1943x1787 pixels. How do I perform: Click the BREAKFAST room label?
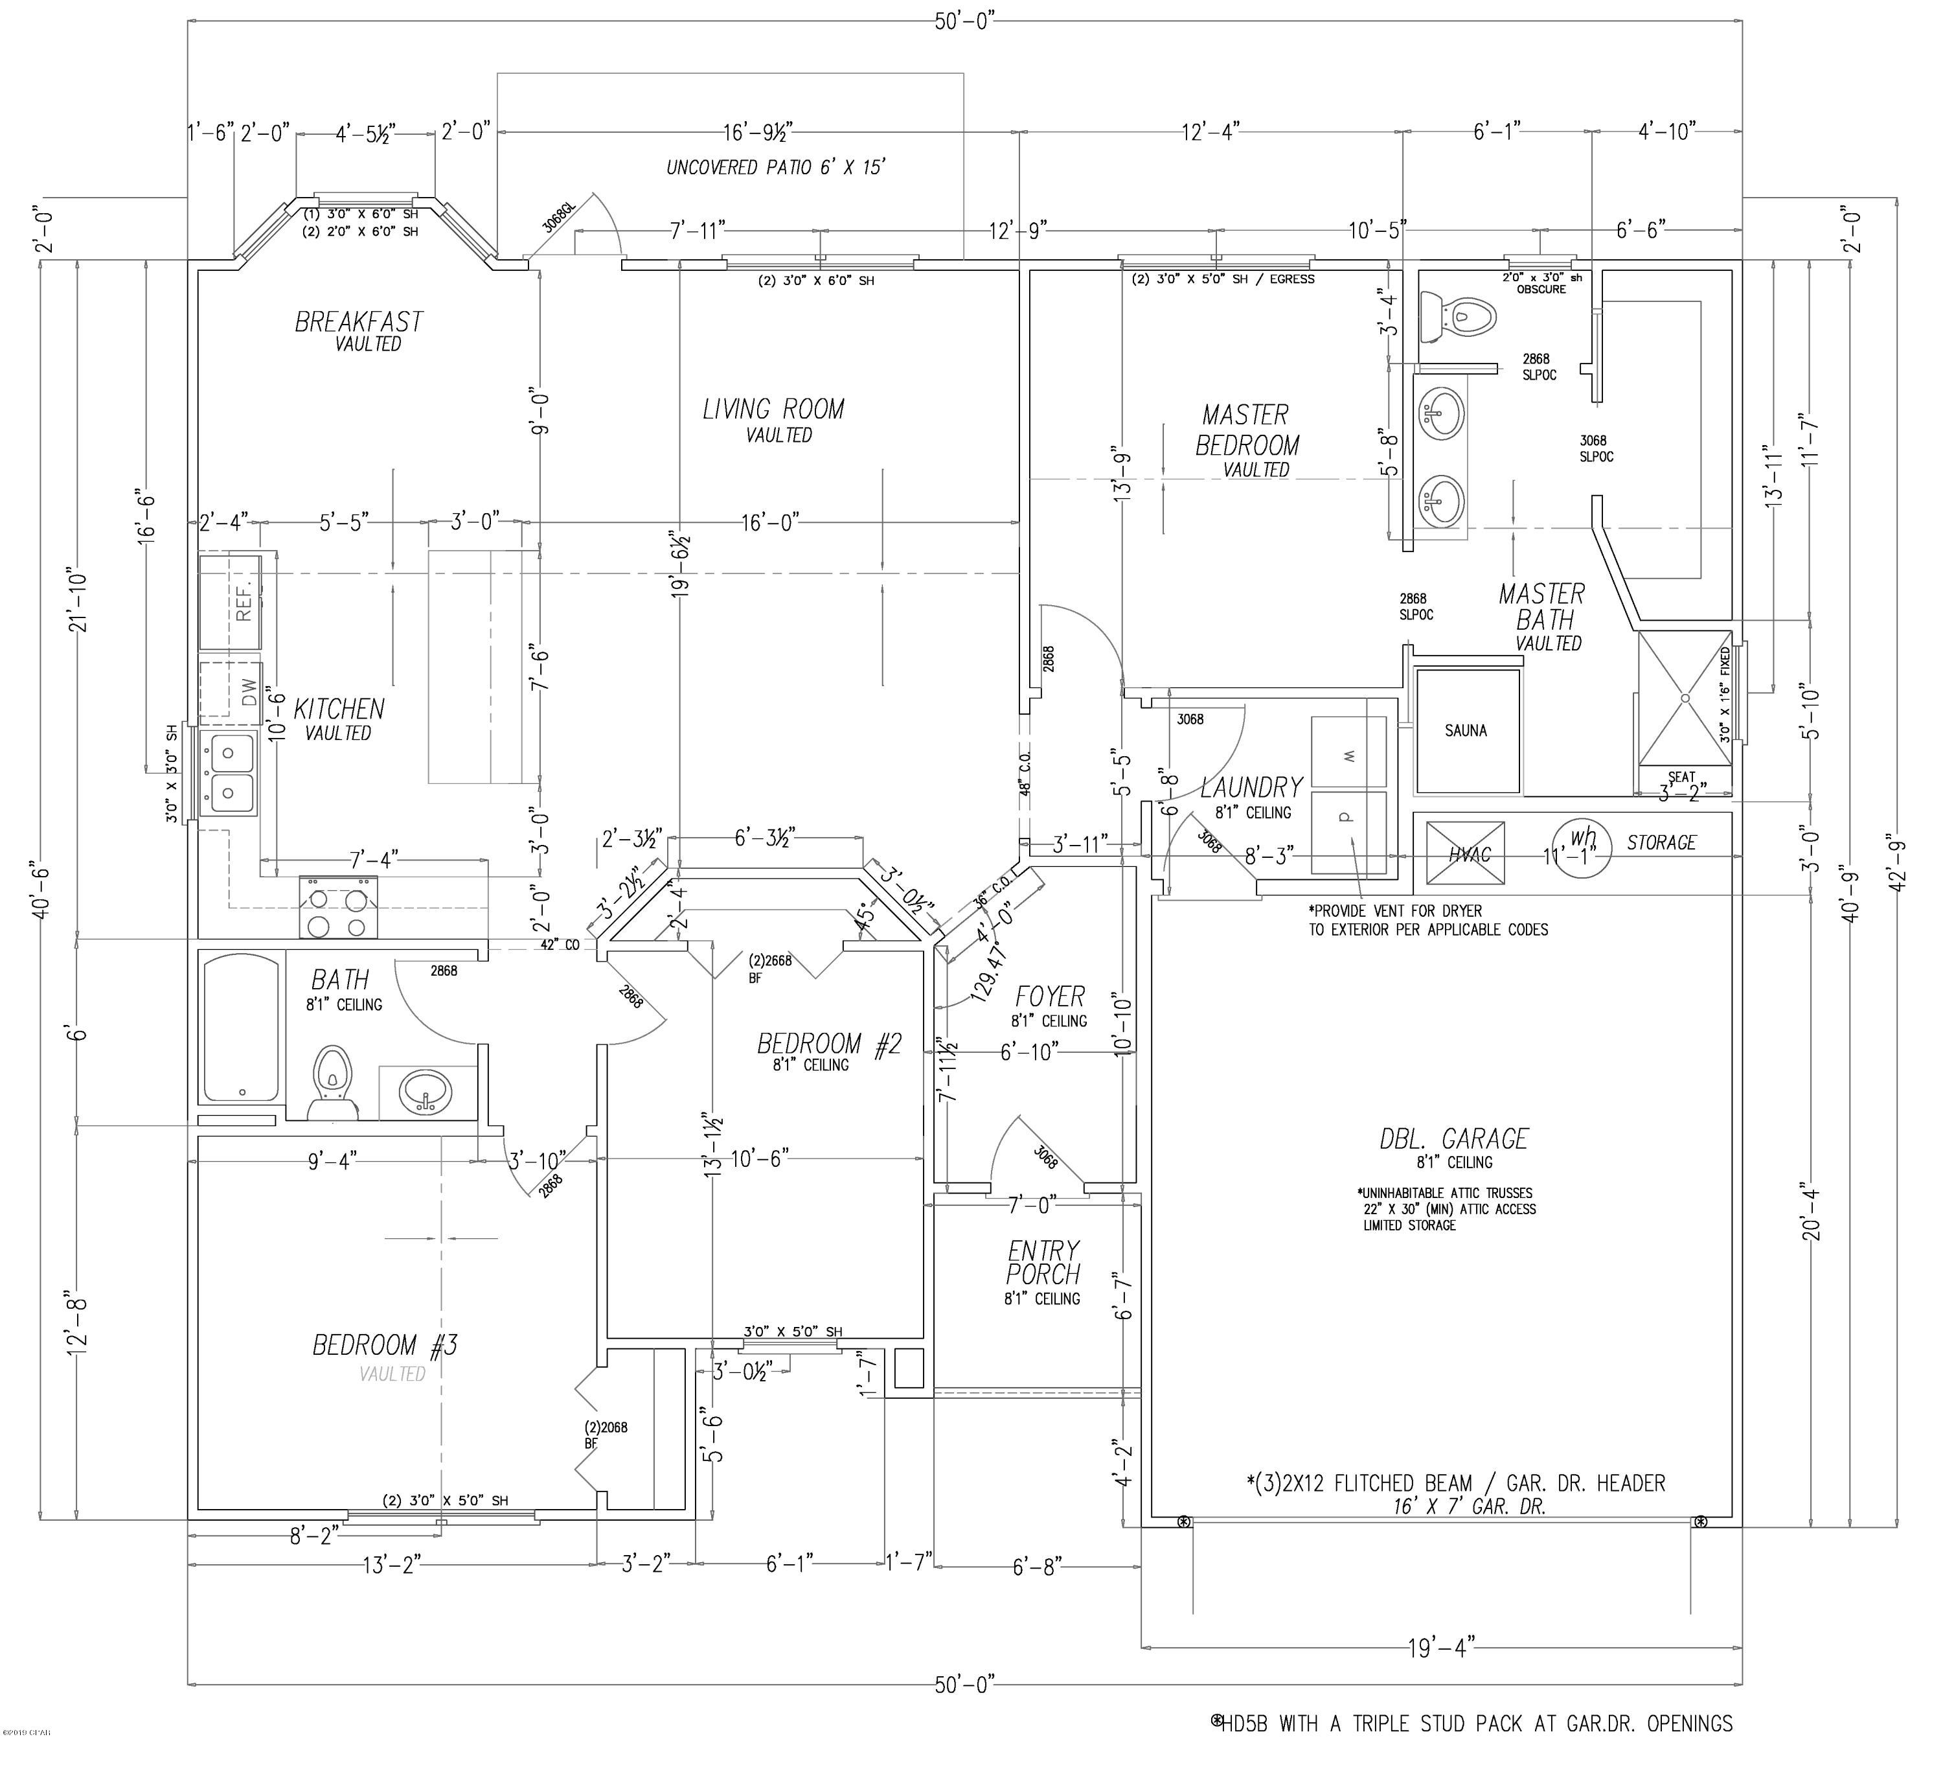tap(359, 322)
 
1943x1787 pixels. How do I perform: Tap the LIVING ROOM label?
tap(773, 410)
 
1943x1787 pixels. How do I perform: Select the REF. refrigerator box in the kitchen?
tap(230, 601)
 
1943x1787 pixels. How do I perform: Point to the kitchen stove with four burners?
tap(338, 907)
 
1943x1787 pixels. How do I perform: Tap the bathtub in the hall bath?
tap(242, 1027)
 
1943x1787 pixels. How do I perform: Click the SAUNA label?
tap(1466, 731)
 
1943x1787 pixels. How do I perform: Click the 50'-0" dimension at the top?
tap(964, 21)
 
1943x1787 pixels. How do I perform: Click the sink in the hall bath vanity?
tap(426, 1092)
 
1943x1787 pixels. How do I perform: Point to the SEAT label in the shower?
tap(1681, 776)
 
